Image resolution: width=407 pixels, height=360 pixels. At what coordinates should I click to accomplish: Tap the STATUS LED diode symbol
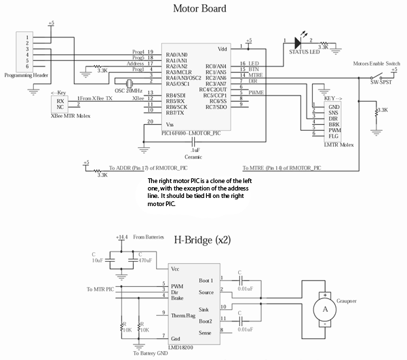coord(296,41)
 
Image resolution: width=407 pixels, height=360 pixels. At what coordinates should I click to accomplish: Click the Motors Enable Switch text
coord(378,63)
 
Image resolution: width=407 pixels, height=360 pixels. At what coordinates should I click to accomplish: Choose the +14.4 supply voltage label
coord(122,237)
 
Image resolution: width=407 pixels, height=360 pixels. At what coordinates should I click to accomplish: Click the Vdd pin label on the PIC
coord(222,49)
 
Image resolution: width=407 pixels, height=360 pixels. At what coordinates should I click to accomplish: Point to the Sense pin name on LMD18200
coord(204,332)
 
